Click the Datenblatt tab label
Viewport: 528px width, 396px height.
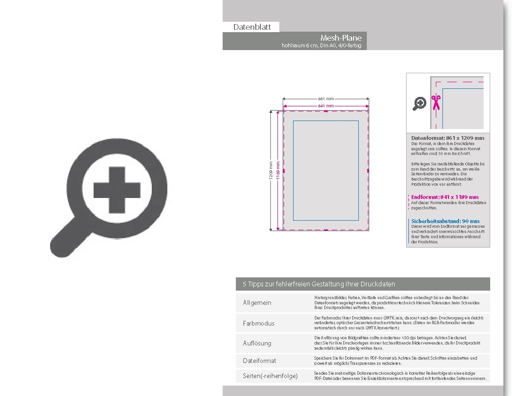pyautogui.click(x=252, y=27)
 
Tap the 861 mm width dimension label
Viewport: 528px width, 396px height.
pyautogui.click(x=326, y=99)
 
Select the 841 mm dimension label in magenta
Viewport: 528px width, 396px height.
pyautogui.click(x=326, y=106)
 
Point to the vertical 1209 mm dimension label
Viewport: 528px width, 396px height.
pyautogui.click(x=271, y=171)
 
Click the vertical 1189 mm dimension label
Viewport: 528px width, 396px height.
pyautogui.click(x=278, y=171)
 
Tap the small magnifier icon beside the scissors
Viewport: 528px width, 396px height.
pyautogui.click(x=419, y=103)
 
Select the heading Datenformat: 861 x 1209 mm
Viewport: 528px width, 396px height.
pyautogui.click(x=448, y=138)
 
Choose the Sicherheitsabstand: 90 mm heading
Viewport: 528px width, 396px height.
pyautogui.click(x=445, y=221)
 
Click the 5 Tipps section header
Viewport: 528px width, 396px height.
pyautogui.click(x=319, y=284)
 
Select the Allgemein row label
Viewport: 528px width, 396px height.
pyautogui.click(x=257, y=303)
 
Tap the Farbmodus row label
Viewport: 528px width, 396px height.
pyautogui.click(x=259, y=324)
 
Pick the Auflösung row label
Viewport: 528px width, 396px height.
pyautogui.click(x=257, y=344)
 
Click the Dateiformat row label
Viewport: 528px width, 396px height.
pyautogui.click(x=260, y=361)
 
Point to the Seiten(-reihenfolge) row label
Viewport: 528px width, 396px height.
pyautogui.click(x=270, y=376)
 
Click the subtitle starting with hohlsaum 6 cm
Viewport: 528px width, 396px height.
pyautogui.click(x=321, y=46)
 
